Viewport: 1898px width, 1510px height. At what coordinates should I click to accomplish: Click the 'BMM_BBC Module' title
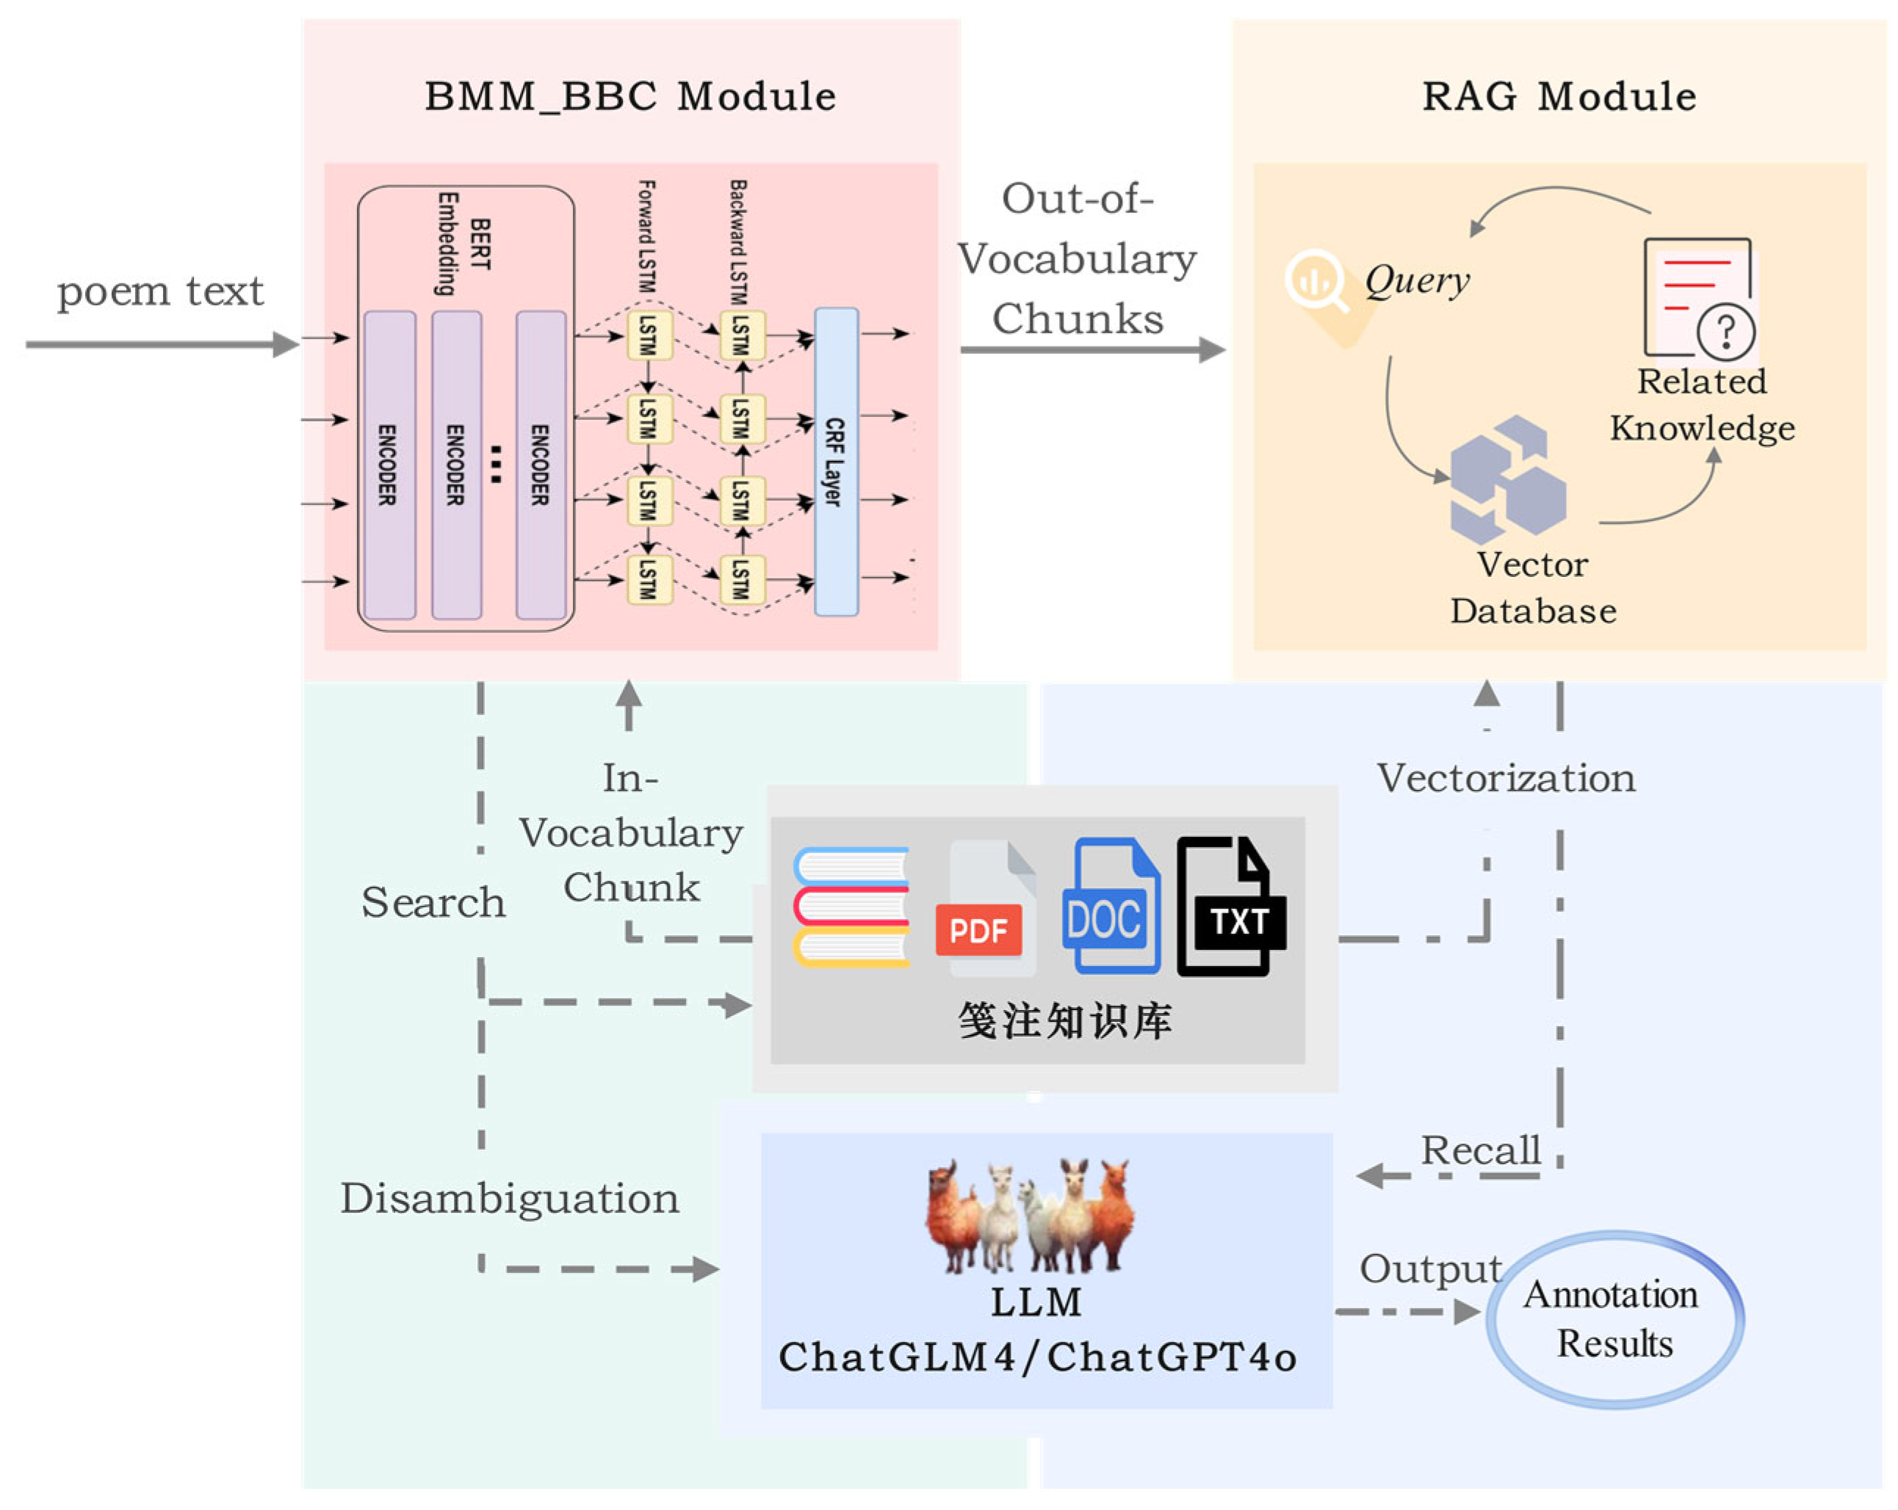629,96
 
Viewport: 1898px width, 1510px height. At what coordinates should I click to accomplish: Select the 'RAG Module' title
1559,96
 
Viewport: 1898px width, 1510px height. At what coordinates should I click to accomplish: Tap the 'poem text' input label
160,291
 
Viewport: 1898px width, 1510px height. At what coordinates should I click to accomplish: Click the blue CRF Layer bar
835,462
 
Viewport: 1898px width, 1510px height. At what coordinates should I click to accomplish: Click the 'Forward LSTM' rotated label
646,236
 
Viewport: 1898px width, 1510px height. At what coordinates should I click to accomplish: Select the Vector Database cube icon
1507,479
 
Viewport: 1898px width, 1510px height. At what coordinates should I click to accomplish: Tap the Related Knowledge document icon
1699,300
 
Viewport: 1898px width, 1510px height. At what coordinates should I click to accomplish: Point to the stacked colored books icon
851,907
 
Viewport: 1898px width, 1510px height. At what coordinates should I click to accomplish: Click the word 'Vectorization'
1505,779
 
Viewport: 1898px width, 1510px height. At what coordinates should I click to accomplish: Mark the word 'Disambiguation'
510,1199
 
